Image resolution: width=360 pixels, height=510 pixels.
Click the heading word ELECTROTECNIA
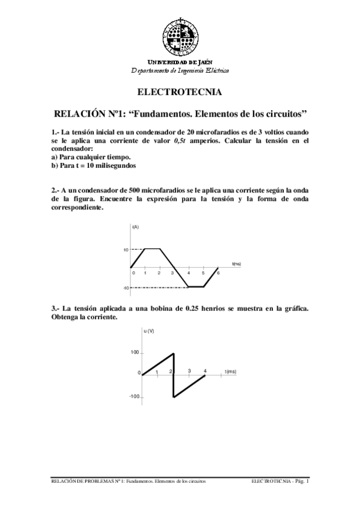coord(180,93)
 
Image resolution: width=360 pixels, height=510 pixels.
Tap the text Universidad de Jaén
coord(180,62)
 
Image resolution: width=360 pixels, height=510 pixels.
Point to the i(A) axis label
coord(135,226)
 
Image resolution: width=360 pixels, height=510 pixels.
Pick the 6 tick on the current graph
coord(218,273)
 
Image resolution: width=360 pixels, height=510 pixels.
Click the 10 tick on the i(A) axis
coord(126,249)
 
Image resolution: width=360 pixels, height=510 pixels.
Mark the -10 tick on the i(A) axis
coord(126,288)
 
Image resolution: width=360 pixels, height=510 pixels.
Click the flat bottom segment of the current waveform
coord(196,287)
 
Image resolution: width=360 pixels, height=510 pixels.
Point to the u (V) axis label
coord(149,331)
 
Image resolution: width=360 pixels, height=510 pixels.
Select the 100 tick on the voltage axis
coord(135,352)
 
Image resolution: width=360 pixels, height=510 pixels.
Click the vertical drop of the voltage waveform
coord(174,375)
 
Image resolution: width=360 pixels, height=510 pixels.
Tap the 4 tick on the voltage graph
coord(206,370)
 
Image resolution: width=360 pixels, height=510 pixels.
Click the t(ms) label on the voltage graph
coord(230,372)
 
